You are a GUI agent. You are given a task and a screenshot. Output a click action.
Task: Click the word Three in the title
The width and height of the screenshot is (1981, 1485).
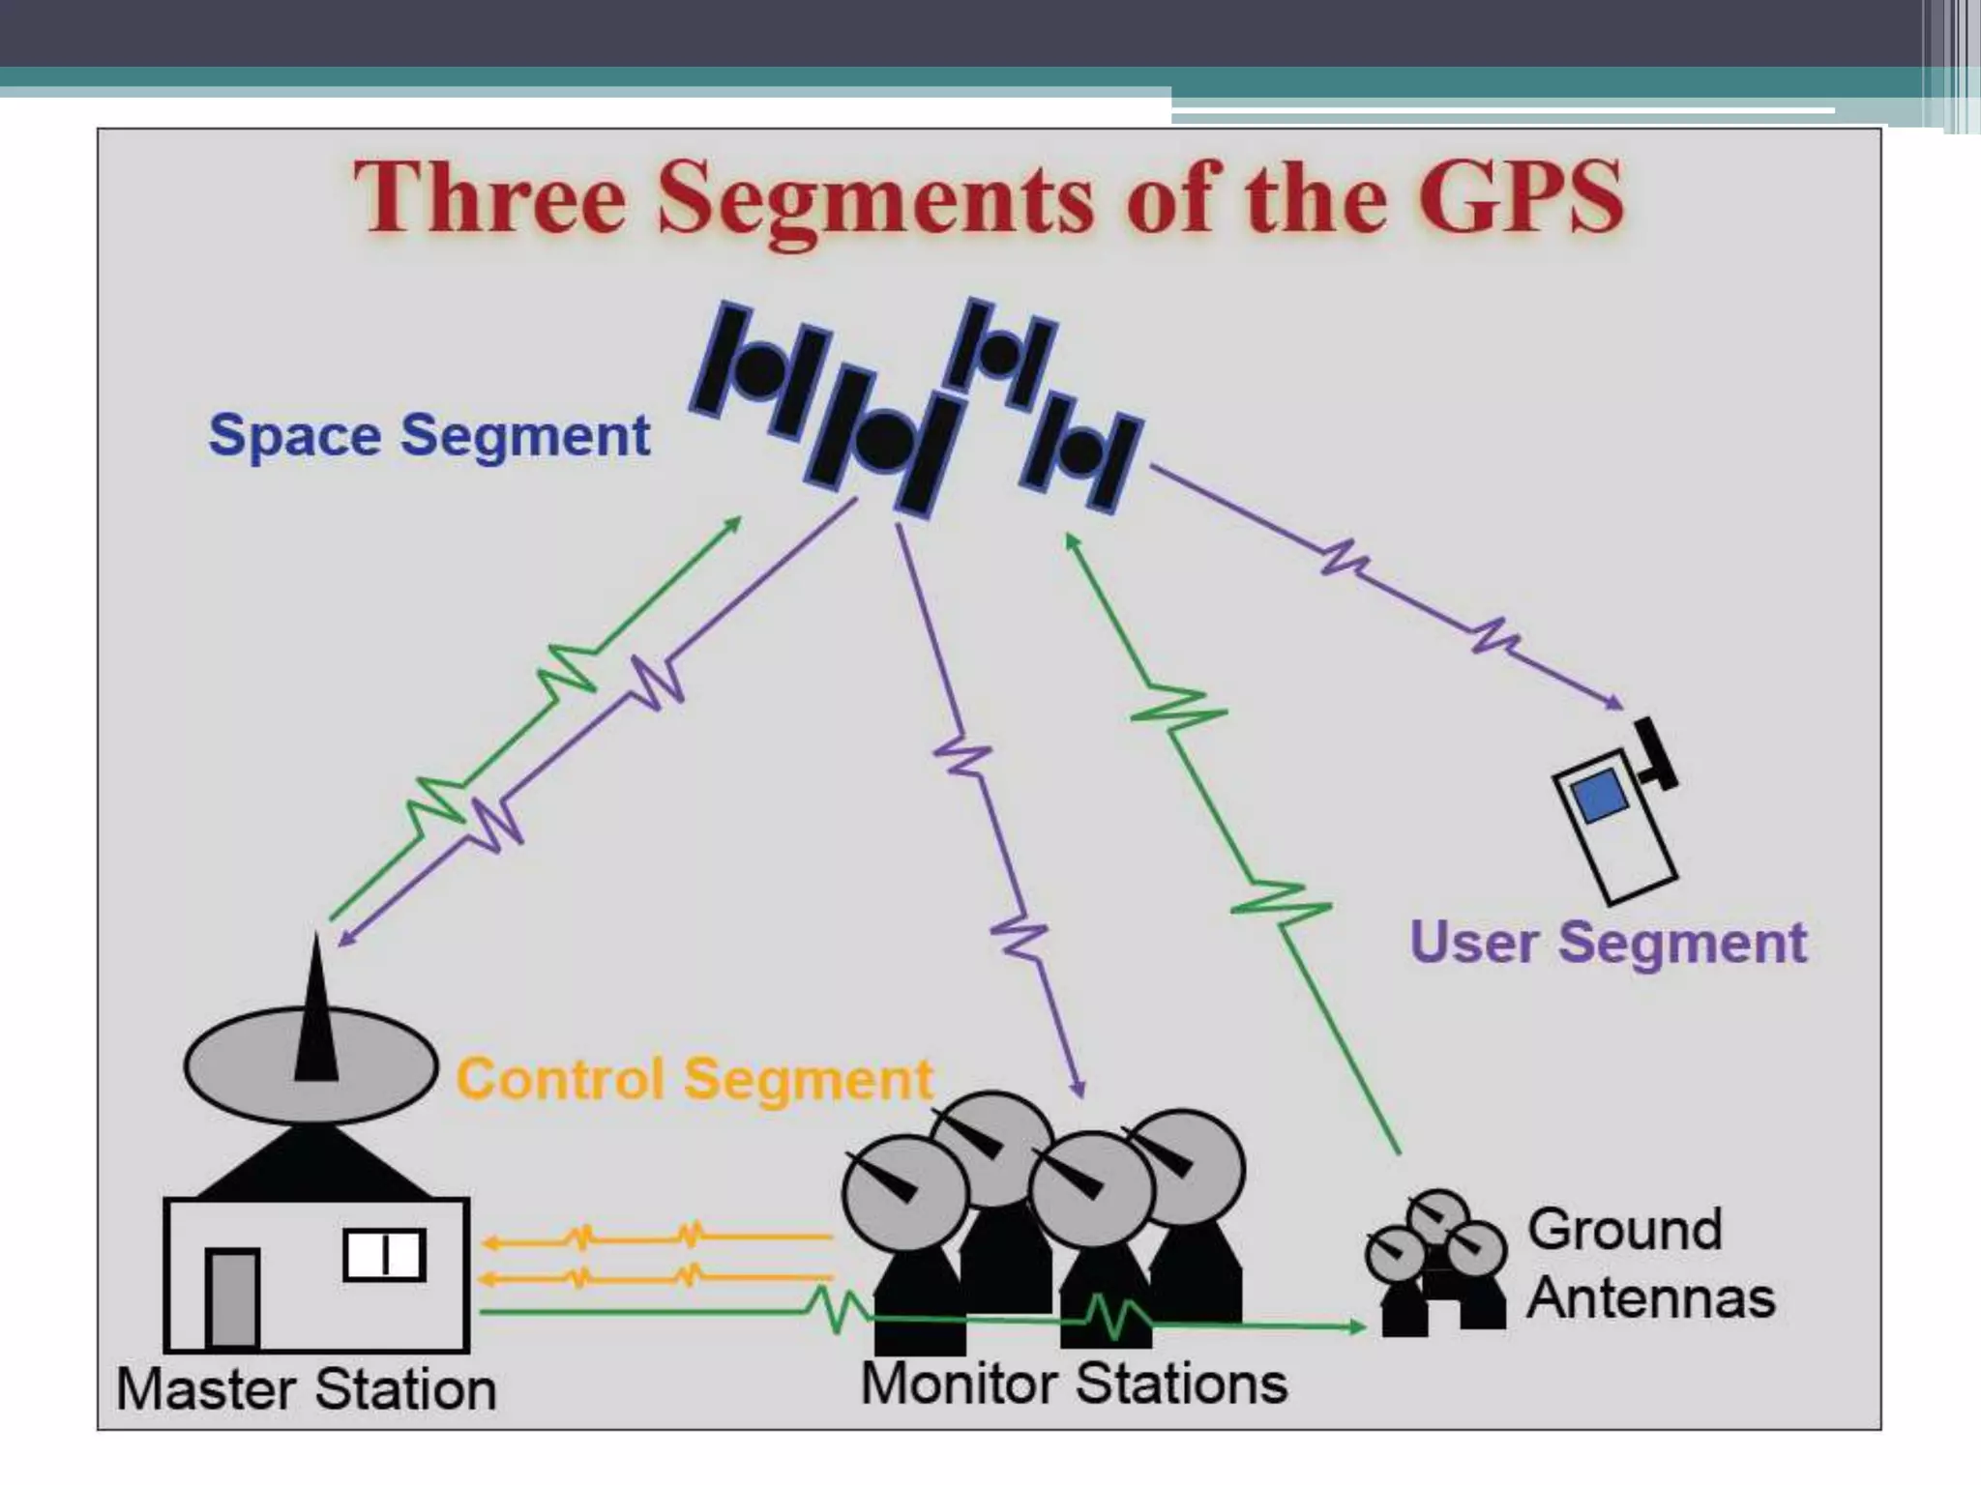point(488,197)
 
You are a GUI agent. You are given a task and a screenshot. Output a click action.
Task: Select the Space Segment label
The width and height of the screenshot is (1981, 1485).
point(429,435)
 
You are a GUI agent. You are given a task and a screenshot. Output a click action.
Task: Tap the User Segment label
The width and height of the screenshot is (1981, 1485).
point(1608,942)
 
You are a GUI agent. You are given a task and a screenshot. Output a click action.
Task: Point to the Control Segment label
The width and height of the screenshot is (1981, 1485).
point(694,1079)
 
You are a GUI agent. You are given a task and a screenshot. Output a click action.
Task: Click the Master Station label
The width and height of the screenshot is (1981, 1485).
point(306,1389)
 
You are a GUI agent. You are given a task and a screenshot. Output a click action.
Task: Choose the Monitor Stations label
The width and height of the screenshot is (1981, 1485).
point(1074,1383)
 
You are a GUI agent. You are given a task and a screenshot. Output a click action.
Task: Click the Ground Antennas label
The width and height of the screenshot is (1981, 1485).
point(1649,1263)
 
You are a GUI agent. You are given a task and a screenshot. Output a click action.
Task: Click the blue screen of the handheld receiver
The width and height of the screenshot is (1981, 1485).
point(1600,795)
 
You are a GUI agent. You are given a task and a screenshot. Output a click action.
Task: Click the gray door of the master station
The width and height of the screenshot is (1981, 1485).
point(232,1297)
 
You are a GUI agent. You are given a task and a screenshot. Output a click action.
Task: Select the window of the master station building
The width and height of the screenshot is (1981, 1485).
point(384,1255)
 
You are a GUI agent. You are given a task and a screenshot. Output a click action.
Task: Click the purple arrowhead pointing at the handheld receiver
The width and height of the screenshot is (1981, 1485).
point(1614,703)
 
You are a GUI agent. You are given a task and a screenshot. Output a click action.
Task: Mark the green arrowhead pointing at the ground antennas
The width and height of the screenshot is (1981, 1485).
point(1355,1326)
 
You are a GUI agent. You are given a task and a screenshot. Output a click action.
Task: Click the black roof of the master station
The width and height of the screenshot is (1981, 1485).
point(314,1165)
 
